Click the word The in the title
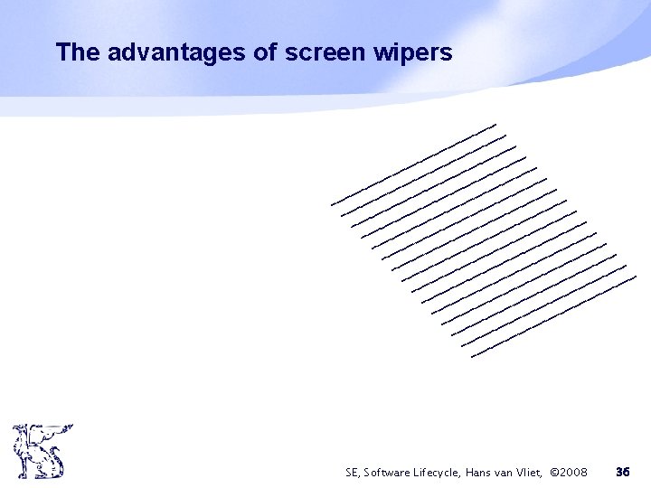[78, 53]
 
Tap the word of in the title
[267, 53]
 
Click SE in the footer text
[353, 472]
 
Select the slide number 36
[622, 472]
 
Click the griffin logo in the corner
[42, 451]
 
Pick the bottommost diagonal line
[554, 316]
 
